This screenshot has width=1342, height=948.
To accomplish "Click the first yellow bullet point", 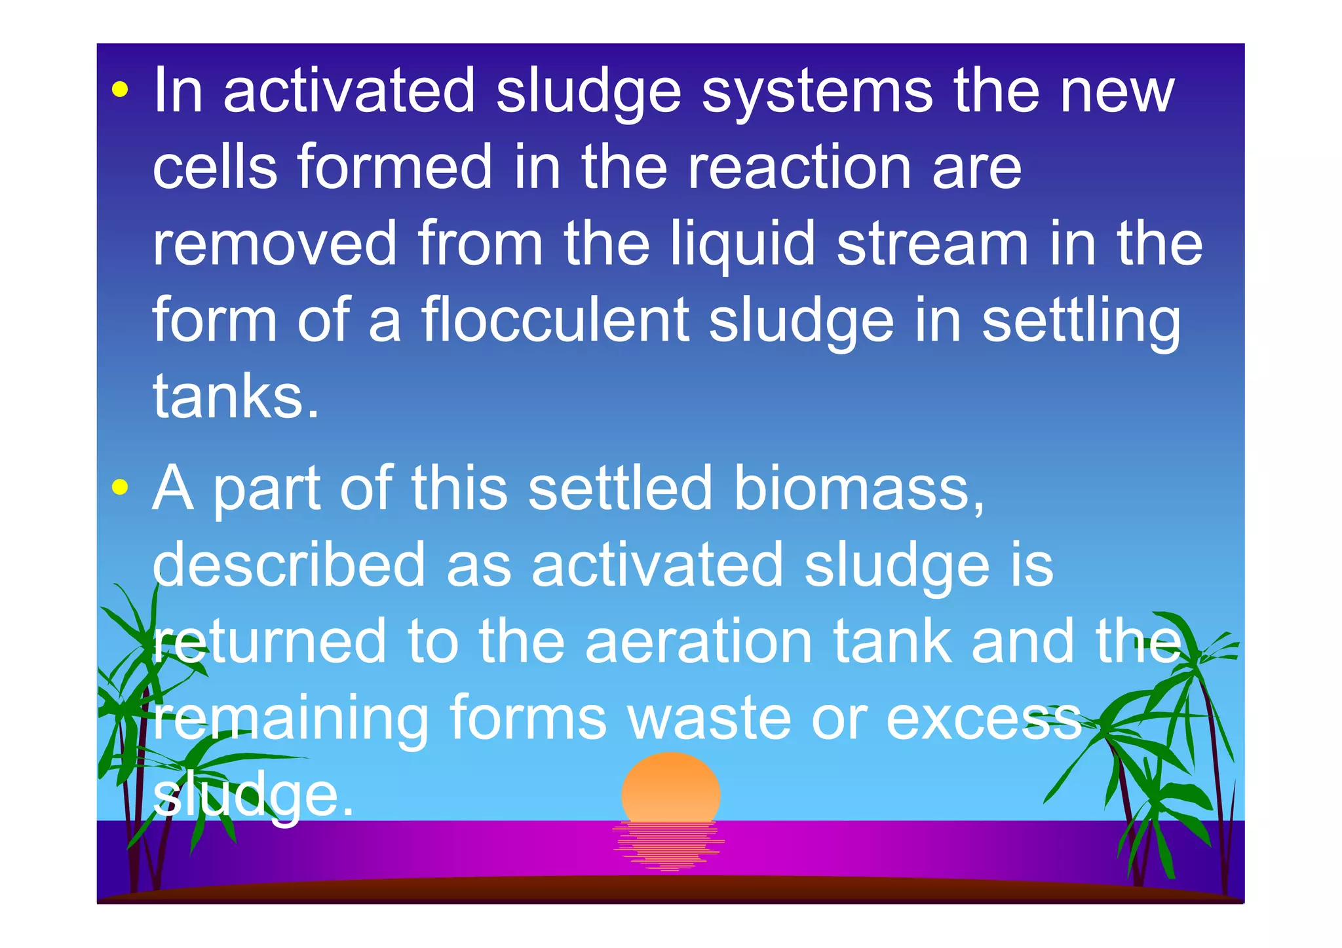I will pos(119,90).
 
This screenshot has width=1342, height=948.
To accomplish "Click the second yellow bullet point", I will pos(119,487).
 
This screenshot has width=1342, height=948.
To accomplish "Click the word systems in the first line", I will pos(816,92).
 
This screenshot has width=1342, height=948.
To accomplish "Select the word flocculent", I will pos(554,320).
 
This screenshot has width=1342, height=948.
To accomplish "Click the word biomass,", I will pos(858,488).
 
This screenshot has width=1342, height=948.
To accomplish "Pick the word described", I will pos(289,565).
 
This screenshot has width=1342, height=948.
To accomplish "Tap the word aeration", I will pos(699,642).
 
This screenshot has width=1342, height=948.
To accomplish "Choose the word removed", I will pos(275,244).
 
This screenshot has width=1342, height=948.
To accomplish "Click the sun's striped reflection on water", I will pos(669,846).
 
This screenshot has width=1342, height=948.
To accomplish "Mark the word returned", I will pos(269,642).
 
